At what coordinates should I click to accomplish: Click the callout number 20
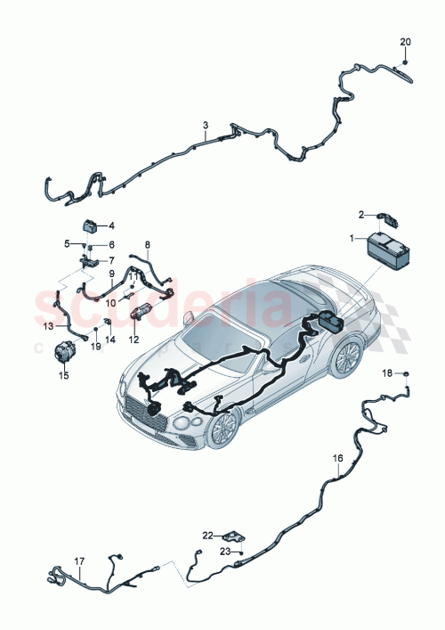405,42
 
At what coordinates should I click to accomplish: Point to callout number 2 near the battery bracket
361,214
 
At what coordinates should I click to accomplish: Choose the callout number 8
148,243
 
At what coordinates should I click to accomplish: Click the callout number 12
134,339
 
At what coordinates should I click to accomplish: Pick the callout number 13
49,326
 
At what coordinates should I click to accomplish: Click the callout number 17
78,561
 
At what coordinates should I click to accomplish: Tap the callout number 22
206,536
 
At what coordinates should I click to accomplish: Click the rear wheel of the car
346,356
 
